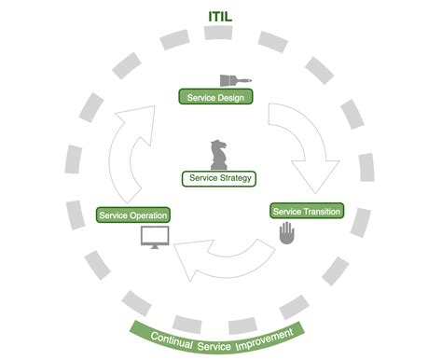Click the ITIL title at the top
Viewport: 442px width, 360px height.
click(221, 16)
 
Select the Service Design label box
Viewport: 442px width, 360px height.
click(215, 96)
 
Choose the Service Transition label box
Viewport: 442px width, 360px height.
click(306, 211)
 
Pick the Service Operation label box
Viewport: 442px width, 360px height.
click(133, 215)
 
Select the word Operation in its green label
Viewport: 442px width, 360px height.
click(148, 215)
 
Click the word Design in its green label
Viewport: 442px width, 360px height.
click(233, 96)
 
